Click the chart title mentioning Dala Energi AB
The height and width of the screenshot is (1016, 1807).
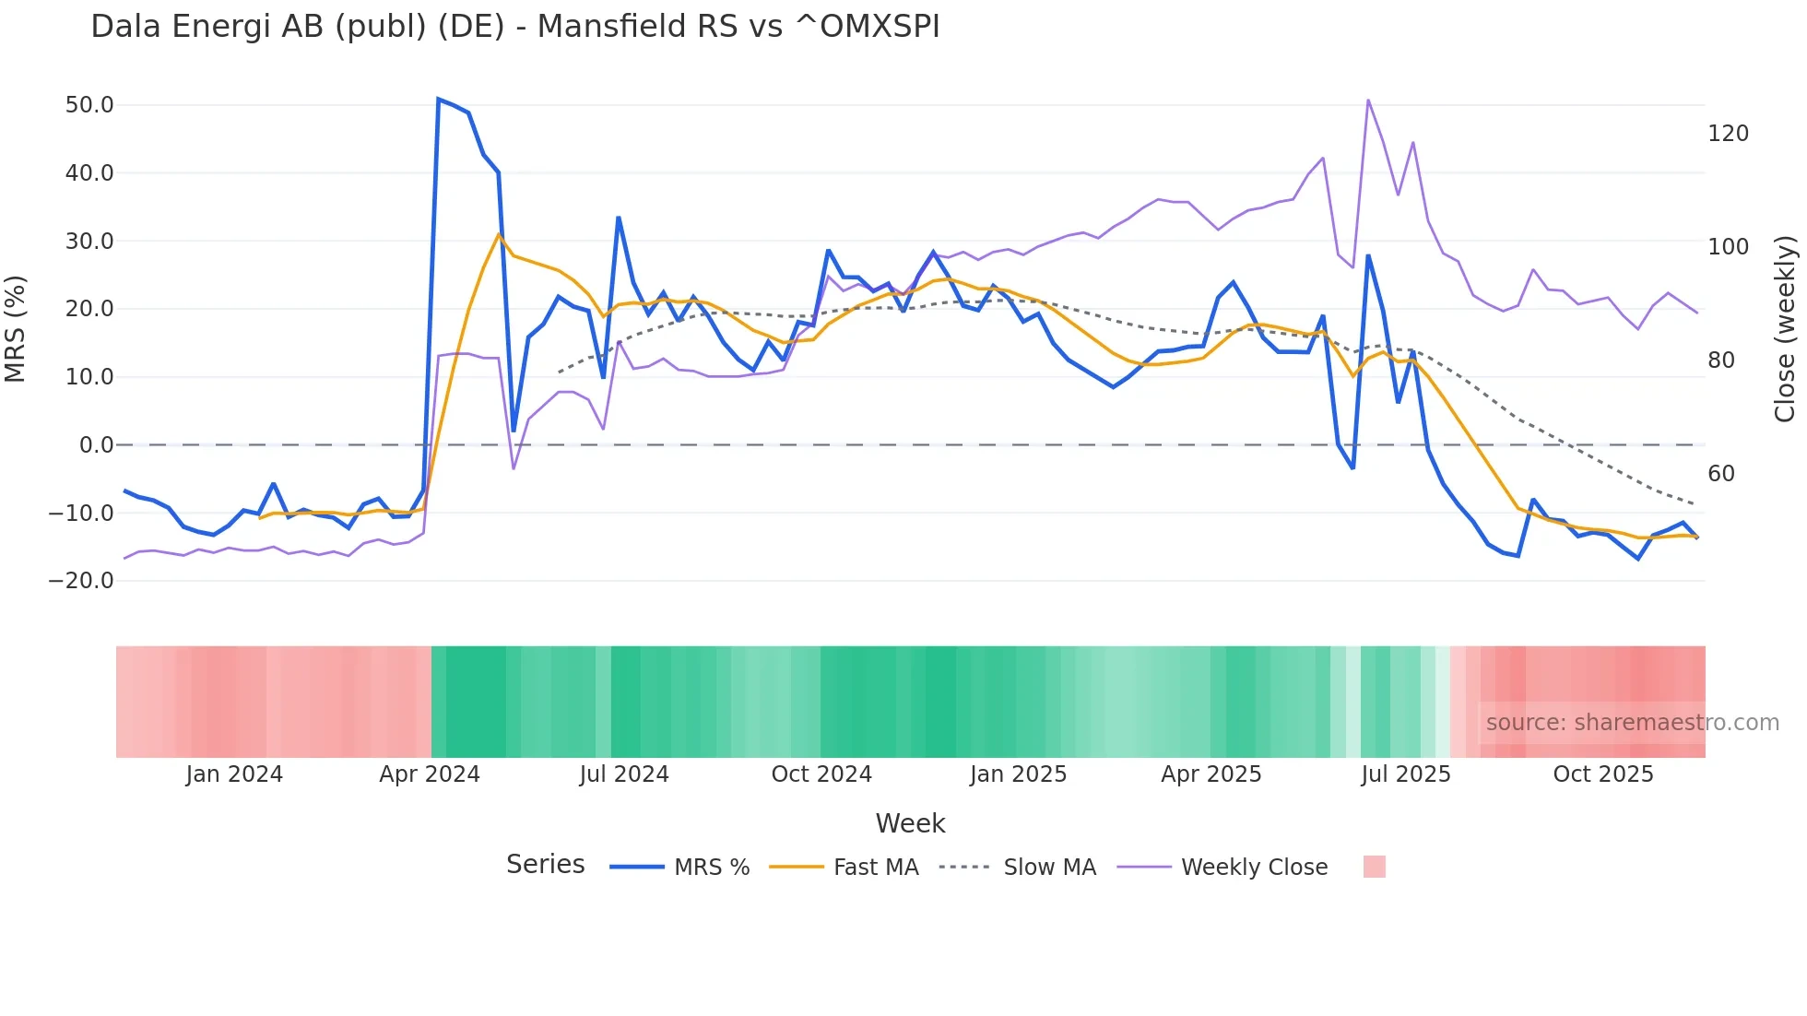[514, 27]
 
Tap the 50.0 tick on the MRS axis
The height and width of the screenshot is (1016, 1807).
[89, 105]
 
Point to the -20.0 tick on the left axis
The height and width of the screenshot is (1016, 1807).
[81, 581]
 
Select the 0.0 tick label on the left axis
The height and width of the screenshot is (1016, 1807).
[96, 445]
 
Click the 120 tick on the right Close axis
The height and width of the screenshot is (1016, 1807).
[1728, 134]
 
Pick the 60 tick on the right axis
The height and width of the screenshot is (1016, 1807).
[1721, 474]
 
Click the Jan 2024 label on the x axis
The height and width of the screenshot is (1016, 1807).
[234, 774]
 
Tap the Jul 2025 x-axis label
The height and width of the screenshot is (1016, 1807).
[1405, 774]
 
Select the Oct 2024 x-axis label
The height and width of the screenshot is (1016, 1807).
[821, 774]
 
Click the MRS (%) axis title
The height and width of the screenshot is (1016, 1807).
[16, 329]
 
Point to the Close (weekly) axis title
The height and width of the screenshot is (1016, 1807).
[1785, 329]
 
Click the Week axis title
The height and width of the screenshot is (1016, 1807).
[910, 823]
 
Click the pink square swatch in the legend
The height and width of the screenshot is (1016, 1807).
[1374, 867]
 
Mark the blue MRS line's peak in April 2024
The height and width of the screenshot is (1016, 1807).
[438, 99]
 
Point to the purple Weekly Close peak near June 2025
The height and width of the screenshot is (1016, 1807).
[1368, 100]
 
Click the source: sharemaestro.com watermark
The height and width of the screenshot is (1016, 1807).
[1632, 723]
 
